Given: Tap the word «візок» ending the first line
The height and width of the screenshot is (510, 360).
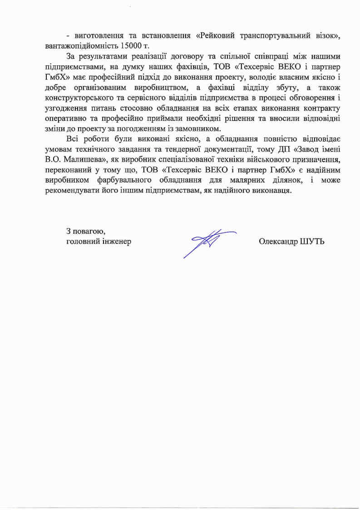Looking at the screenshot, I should [325, 36].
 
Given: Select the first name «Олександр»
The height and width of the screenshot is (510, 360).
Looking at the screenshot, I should [277, 241].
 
